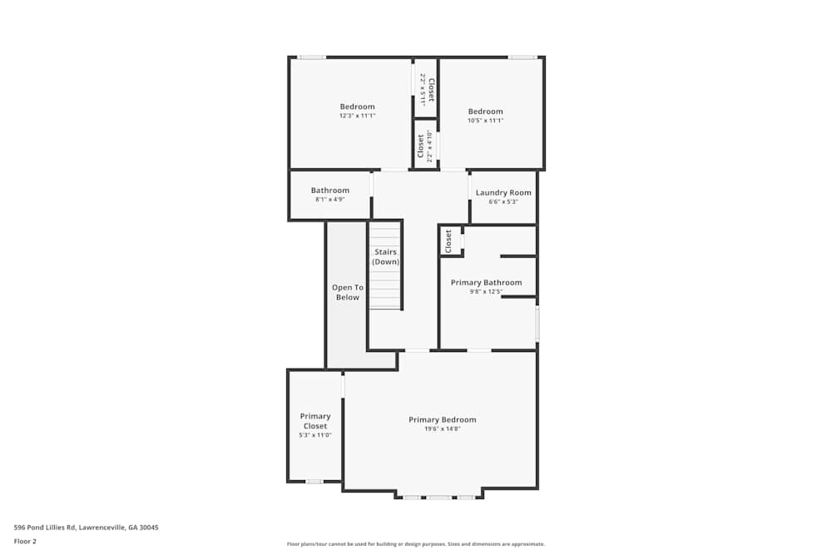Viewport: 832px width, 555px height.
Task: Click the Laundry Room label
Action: [503, 192]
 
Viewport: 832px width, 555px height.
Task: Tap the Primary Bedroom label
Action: [442, 419]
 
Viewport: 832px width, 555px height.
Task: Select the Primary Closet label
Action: [315, 421]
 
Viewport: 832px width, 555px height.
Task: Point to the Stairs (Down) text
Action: [385, 256]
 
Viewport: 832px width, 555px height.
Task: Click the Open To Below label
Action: [347, 292]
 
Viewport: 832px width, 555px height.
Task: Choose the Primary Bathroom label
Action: [486, 283]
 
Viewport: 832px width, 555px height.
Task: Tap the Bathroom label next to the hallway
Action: [330, 190]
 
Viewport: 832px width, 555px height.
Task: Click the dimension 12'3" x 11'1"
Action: [357, 116]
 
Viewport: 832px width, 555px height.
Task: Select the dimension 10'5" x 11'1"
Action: [485, 121]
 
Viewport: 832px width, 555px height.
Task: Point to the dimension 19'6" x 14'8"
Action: [442, 429]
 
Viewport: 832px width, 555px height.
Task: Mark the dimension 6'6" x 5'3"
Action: [503, 201]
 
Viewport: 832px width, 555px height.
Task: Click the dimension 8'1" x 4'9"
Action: [330, 200]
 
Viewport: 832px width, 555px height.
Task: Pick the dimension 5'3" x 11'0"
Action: [315, 434]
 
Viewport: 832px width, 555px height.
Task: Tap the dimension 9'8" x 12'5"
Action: [486, 292]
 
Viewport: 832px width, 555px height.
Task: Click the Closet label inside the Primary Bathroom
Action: [448, 241]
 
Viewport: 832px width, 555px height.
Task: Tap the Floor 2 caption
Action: [26, 541]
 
